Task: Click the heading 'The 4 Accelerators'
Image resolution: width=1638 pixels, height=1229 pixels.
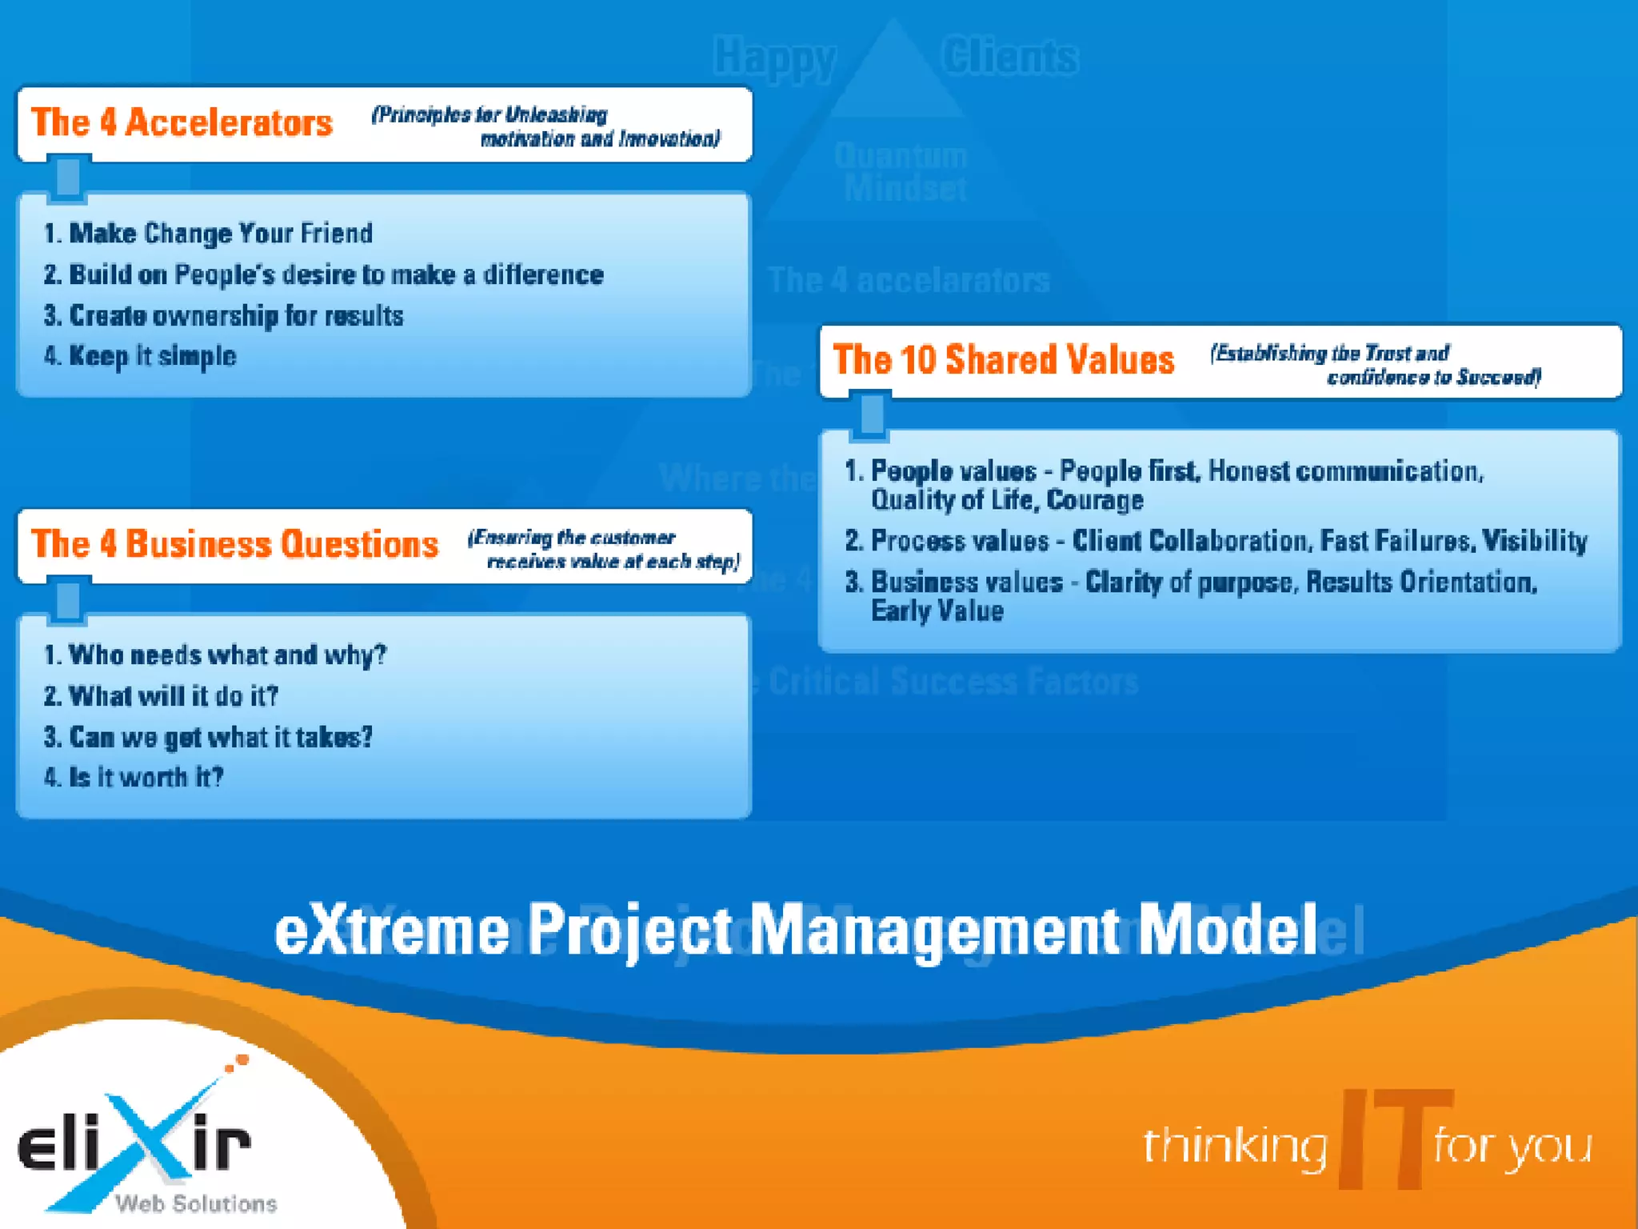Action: click(x=182, y=123)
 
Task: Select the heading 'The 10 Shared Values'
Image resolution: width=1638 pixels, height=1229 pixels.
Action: click(x=1003, y=360)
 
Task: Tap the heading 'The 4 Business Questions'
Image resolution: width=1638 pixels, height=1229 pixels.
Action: click(x=234, y=544)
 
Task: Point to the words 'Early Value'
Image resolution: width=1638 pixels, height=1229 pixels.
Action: click(x=937, y=611)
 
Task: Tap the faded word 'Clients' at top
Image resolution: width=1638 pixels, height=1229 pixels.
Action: click(x=1009, y=58)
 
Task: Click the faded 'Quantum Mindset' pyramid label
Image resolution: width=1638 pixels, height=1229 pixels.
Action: click(x=902, y=172)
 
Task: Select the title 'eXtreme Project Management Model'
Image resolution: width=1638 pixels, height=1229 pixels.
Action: click(x=796, y=931)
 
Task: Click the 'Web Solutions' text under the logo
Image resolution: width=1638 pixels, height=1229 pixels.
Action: click(x=196, y=1203)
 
